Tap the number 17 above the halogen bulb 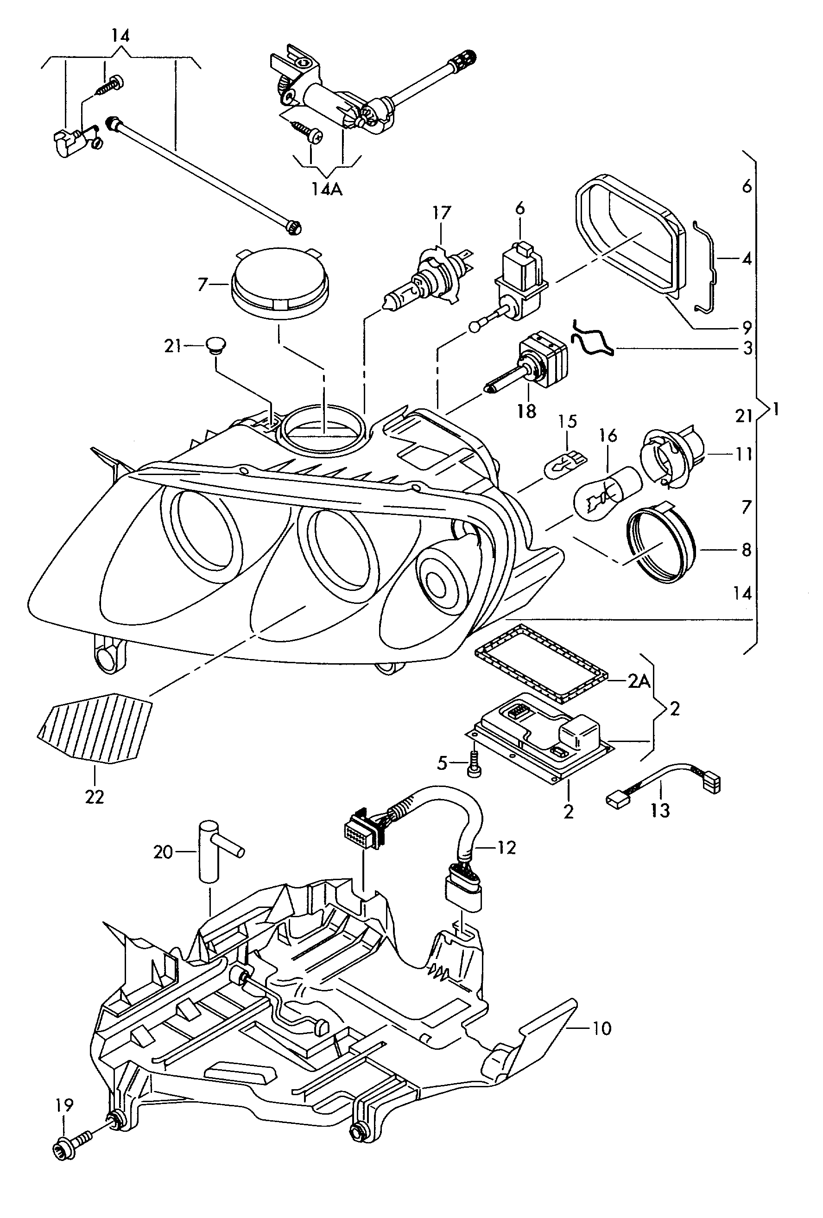point(441,213)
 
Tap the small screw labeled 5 point(475,769)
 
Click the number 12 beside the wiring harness point(506,848)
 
